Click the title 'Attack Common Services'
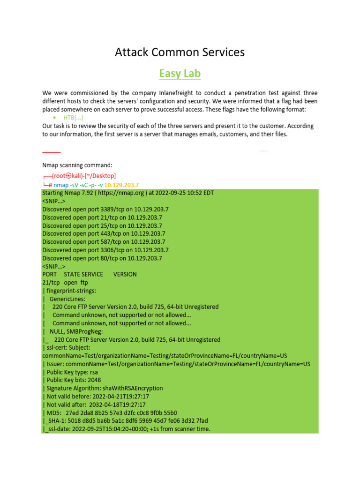click(180, 52)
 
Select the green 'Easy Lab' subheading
click(180, 74)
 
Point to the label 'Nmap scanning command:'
click(77, 165)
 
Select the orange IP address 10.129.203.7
click(121, 185)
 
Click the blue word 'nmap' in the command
click(61, 185)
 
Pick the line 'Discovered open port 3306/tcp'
click(105, 250)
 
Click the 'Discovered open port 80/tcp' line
click(102, 258)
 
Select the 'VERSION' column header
click(125, 274)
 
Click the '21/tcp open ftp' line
click(65, 283)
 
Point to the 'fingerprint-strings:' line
click(70, 291)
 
